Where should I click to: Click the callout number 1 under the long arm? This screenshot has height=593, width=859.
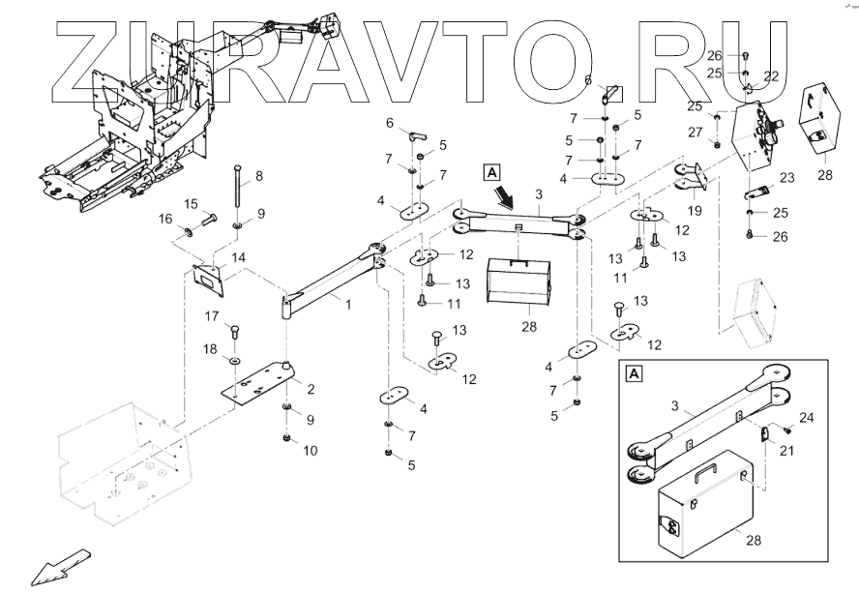pos(347,305)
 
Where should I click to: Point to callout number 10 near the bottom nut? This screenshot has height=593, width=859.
pos(311,450)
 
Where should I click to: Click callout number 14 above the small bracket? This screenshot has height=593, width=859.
pos(237,257)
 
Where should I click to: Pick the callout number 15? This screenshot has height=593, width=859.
pos(192,203)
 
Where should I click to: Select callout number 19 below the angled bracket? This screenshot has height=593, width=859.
pos(694,210)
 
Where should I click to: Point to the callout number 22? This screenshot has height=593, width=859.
pos(771,75)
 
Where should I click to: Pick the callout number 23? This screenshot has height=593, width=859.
pos(785,177)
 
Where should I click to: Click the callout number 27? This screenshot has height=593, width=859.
pos(694,132)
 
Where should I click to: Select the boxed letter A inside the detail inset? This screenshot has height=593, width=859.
pos(634,372)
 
